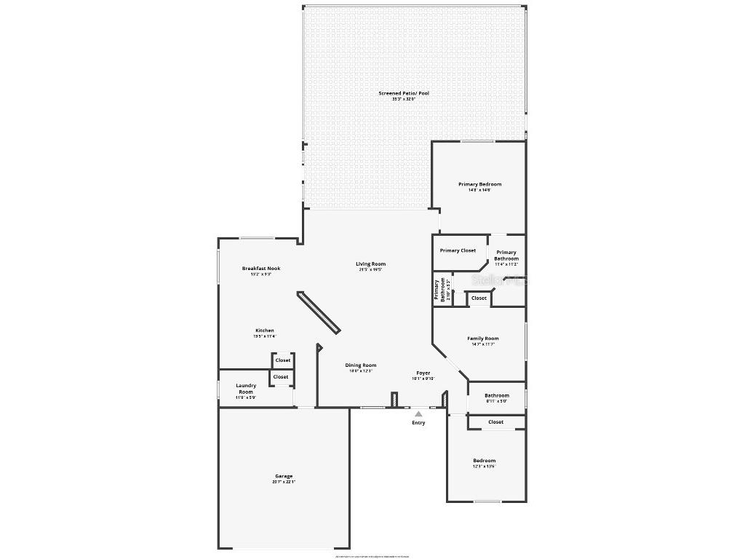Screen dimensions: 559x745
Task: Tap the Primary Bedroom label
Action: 479,184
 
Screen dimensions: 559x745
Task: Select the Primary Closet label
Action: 458,250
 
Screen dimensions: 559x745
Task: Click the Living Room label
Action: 370,263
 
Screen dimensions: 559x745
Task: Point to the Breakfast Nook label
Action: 260,269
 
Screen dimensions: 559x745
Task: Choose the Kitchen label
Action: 264,330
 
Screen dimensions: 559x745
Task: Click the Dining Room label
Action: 360,365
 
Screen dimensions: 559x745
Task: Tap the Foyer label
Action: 423,373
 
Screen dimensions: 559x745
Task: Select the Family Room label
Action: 482,338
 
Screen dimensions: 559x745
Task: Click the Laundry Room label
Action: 246,389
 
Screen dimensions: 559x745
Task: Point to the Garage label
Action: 283,476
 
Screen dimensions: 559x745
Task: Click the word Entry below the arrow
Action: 418,423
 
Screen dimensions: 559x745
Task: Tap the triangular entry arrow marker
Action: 418,413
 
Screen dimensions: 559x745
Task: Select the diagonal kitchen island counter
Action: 318,313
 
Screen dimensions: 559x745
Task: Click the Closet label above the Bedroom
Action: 495,422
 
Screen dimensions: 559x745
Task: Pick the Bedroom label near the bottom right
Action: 484,461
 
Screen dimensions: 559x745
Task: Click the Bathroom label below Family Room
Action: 497,395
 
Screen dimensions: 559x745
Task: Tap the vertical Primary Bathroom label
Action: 440,290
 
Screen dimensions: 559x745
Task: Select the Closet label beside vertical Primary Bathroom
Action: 479,298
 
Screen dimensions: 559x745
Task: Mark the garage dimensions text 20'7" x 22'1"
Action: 283,482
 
